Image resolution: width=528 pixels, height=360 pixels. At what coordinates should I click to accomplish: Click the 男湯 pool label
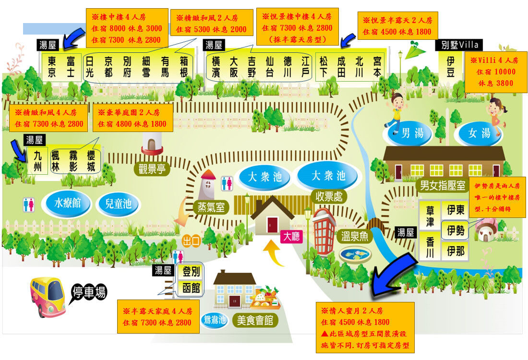coord(413,133)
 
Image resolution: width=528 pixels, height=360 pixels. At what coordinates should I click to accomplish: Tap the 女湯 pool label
coord(480,133)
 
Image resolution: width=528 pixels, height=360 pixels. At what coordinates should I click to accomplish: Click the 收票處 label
coord(328,196)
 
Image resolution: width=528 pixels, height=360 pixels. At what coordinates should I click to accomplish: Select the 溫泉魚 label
coord(354,236)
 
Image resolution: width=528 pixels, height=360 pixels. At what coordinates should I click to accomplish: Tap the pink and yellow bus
coord(48,296)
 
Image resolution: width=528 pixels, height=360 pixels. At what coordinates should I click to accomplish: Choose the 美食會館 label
coord(255,320)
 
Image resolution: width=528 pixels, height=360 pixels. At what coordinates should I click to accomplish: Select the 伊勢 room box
coord(456,230)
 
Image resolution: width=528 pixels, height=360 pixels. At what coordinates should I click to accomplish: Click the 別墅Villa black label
coord(457,45)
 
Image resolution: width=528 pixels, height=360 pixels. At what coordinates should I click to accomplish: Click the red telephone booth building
coord(324,232)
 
